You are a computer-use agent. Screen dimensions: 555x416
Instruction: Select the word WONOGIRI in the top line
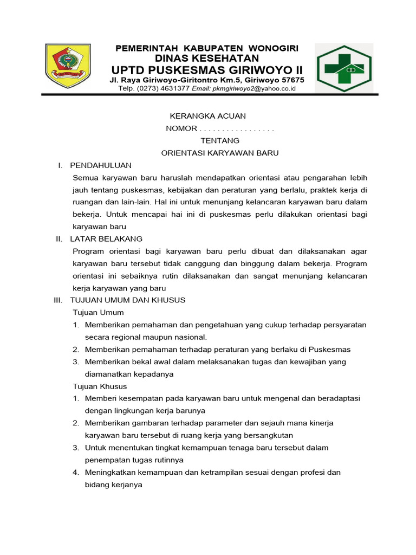269,48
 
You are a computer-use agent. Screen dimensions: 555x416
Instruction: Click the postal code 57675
290,80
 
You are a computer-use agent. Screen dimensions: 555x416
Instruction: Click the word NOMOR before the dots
181,128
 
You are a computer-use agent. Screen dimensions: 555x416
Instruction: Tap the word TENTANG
220,140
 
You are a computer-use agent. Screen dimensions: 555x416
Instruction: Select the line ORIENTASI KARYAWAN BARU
220,153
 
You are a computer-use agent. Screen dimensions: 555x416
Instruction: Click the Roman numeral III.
59,300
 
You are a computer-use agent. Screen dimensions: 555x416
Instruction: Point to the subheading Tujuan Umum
98,313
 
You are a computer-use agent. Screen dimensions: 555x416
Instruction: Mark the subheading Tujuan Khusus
100,386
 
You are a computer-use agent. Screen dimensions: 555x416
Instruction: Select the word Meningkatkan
112,473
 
